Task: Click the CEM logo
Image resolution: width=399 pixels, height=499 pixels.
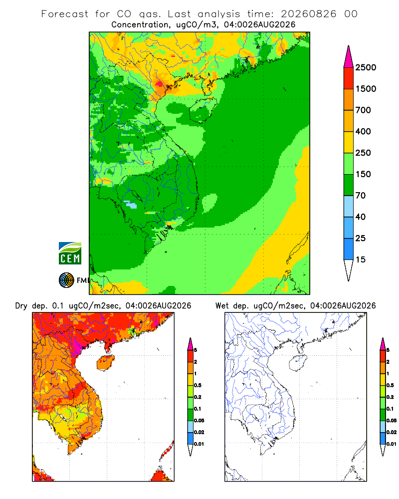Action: tap(70, 253)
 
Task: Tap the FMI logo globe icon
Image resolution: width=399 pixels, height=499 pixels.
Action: tap(66, 280)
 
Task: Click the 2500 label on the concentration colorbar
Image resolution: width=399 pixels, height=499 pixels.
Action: tap(366, 67)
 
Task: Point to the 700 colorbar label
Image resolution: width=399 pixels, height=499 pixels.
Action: tap(363, 110)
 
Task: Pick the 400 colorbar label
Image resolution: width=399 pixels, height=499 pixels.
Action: tap(363, 131)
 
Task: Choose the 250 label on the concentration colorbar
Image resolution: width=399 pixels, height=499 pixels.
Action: tap(363, 153)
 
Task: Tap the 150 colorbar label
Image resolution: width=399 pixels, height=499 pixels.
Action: tap(363, 174)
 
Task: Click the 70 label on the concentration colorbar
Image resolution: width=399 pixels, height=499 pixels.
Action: tap(361, 196)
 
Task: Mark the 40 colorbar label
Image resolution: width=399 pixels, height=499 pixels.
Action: tap(361, 217)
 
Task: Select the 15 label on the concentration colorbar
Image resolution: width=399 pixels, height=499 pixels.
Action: tap(361, 259)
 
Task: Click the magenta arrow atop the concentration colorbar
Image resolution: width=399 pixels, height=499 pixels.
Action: tap(349, 57)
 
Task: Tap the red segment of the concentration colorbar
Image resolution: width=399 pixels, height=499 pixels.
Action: tap(349, 78)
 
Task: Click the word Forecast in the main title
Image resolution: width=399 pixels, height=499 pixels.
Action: tap(65, 14)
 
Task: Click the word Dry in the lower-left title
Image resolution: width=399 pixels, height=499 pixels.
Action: tap(21, 306)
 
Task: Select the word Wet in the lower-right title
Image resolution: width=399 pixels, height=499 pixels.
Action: tap(222, 306)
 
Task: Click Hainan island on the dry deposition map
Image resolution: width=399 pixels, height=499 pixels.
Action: tap(106, 363)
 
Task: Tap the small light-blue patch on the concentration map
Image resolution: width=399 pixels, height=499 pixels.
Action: tap(131, 204)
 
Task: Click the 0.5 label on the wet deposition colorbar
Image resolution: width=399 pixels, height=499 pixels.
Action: tap(390, 385)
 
